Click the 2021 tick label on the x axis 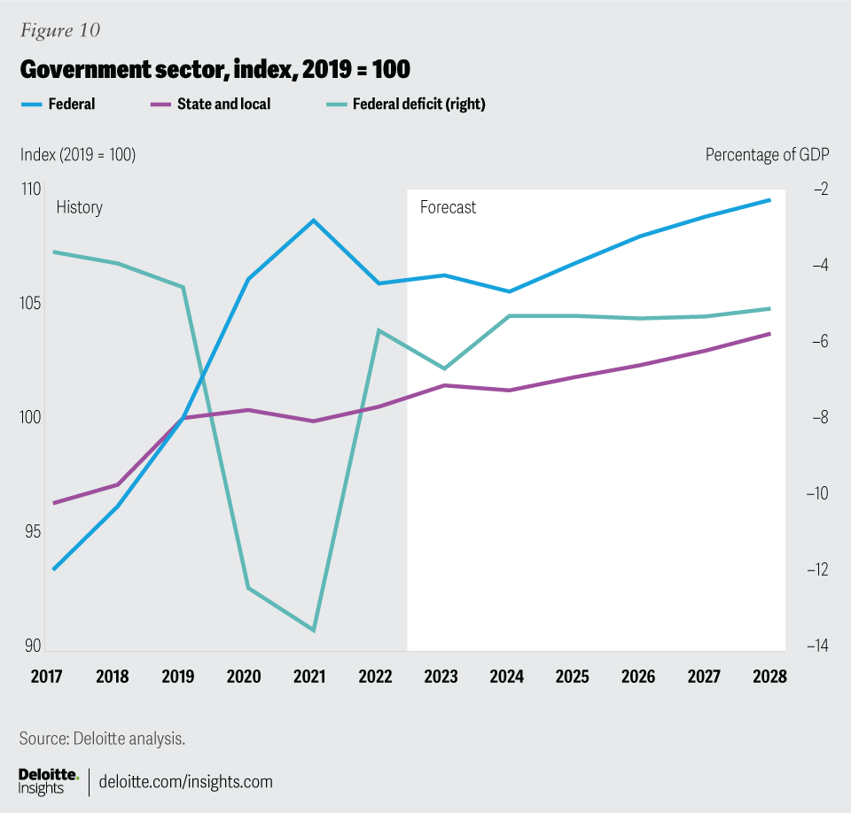click(x=309, y=677)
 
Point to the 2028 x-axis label click(x=769, y=677)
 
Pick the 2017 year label click(x=46, y=677)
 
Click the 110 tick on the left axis click(x=31, y=190)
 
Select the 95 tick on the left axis click(x=31, y=532)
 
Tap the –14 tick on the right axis click(x=816, y=647)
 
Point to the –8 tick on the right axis click(x=816, y=417)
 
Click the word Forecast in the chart click(x=448, y=207)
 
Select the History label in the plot click(x=79, y=207)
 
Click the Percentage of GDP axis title click(x=767, y=154)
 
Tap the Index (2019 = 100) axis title click(x=78, y=154)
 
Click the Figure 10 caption click(x=59, y=31)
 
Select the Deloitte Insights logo click(x=49, y=781)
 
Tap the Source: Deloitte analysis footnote click(x=102, y=738)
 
